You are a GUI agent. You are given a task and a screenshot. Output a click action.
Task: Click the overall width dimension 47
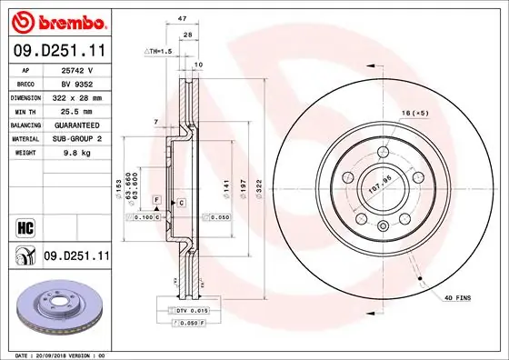(182, 18)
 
